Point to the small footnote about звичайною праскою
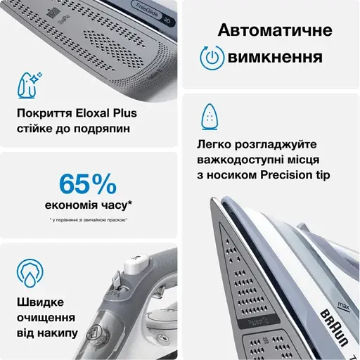click(89, 221)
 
